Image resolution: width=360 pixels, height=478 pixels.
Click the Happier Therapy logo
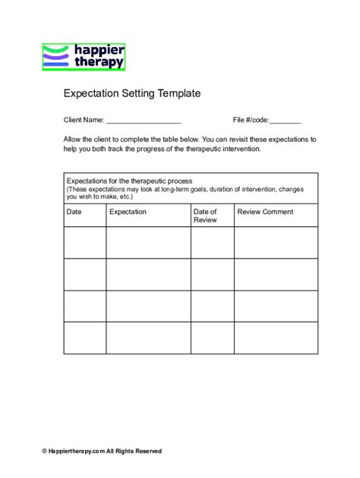tap(84, 57)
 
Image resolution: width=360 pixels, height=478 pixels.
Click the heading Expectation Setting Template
tap(131, 94)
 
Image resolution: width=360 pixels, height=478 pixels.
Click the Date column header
tap(74, 212)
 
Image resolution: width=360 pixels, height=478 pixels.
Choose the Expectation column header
tap(128, 212)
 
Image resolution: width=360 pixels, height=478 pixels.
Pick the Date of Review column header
tap(205, 215)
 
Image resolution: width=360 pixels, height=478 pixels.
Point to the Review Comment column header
tap(265, 212)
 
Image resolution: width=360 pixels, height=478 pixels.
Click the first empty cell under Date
tap(84, 242)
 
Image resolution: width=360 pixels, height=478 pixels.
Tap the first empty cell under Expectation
tap(147, 242)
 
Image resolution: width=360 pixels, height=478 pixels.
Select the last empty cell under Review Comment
tap(276, 338)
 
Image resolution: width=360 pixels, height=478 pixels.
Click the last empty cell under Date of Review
tap(211, 338)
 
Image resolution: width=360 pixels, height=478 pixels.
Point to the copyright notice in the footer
tap(102, 451)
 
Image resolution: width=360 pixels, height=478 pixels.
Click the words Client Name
tap(83, 121)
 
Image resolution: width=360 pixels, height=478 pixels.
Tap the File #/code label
tap(251, 121)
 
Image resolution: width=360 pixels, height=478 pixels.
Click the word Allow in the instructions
tap(73, 140)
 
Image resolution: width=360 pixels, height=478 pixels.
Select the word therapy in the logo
tap(99, 62)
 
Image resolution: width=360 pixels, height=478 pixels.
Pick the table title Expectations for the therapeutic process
tap(130, 181)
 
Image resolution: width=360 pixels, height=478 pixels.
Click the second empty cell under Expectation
tap(147, 274)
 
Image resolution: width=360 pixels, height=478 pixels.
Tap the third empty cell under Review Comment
tap(276, 306)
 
